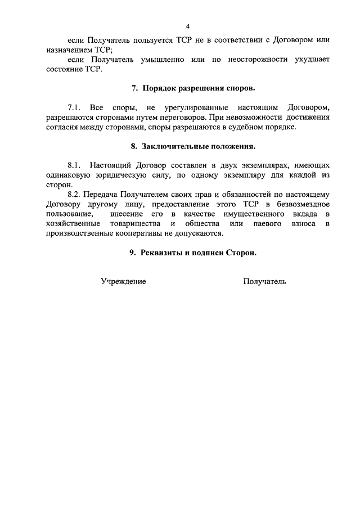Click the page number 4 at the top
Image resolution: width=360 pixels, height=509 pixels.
click(x=188, y=26)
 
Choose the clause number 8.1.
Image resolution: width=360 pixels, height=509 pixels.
click(x=75, y=165)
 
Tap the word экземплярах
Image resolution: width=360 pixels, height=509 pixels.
click(x=268, y=165)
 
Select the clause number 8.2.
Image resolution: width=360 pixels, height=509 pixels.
click(x=75, y=195)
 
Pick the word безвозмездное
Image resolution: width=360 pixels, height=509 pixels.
click(x=297, y=205)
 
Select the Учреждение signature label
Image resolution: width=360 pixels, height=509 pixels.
click(x=123, y=281)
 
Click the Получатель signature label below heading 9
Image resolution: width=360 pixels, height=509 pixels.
click(x=264, y=281)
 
